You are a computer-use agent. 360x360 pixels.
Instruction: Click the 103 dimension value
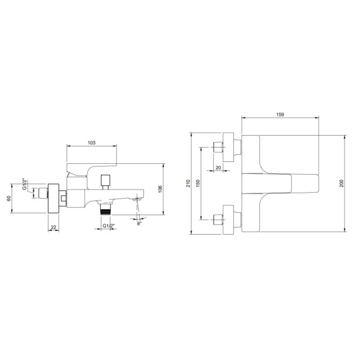pos(92,143)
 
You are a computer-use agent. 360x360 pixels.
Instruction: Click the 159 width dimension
pos(280,114)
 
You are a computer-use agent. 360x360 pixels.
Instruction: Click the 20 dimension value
pos(218,167)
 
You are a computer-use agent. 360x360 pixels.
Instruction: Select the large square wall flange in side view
pos(53,199)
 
